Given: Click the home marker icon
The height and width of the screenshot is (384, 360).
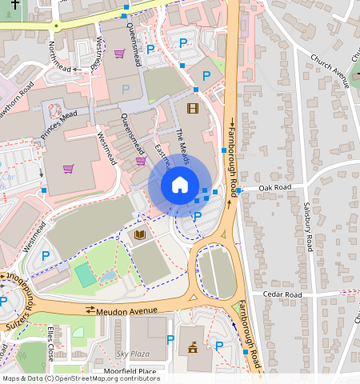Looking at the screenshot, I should pos(180,186).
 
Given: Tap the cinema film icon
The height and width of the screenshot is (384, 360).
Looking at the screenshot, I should pos(192,107).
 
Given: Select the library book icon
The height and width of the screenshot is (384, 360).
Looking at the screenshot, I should pos(141,235).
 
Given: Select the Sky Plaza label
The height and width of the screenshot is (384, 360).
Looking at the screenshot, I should pos(133,353).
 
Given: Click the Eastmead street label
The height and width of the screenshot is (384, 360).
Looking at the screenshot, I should pos(162,158).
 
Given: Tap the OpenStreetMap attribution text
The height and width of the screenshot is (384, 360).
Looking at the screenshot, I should pos(80,378).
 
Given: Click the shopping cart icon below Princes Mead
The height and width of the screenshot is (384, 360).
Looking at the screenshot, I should pos(69,169).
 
